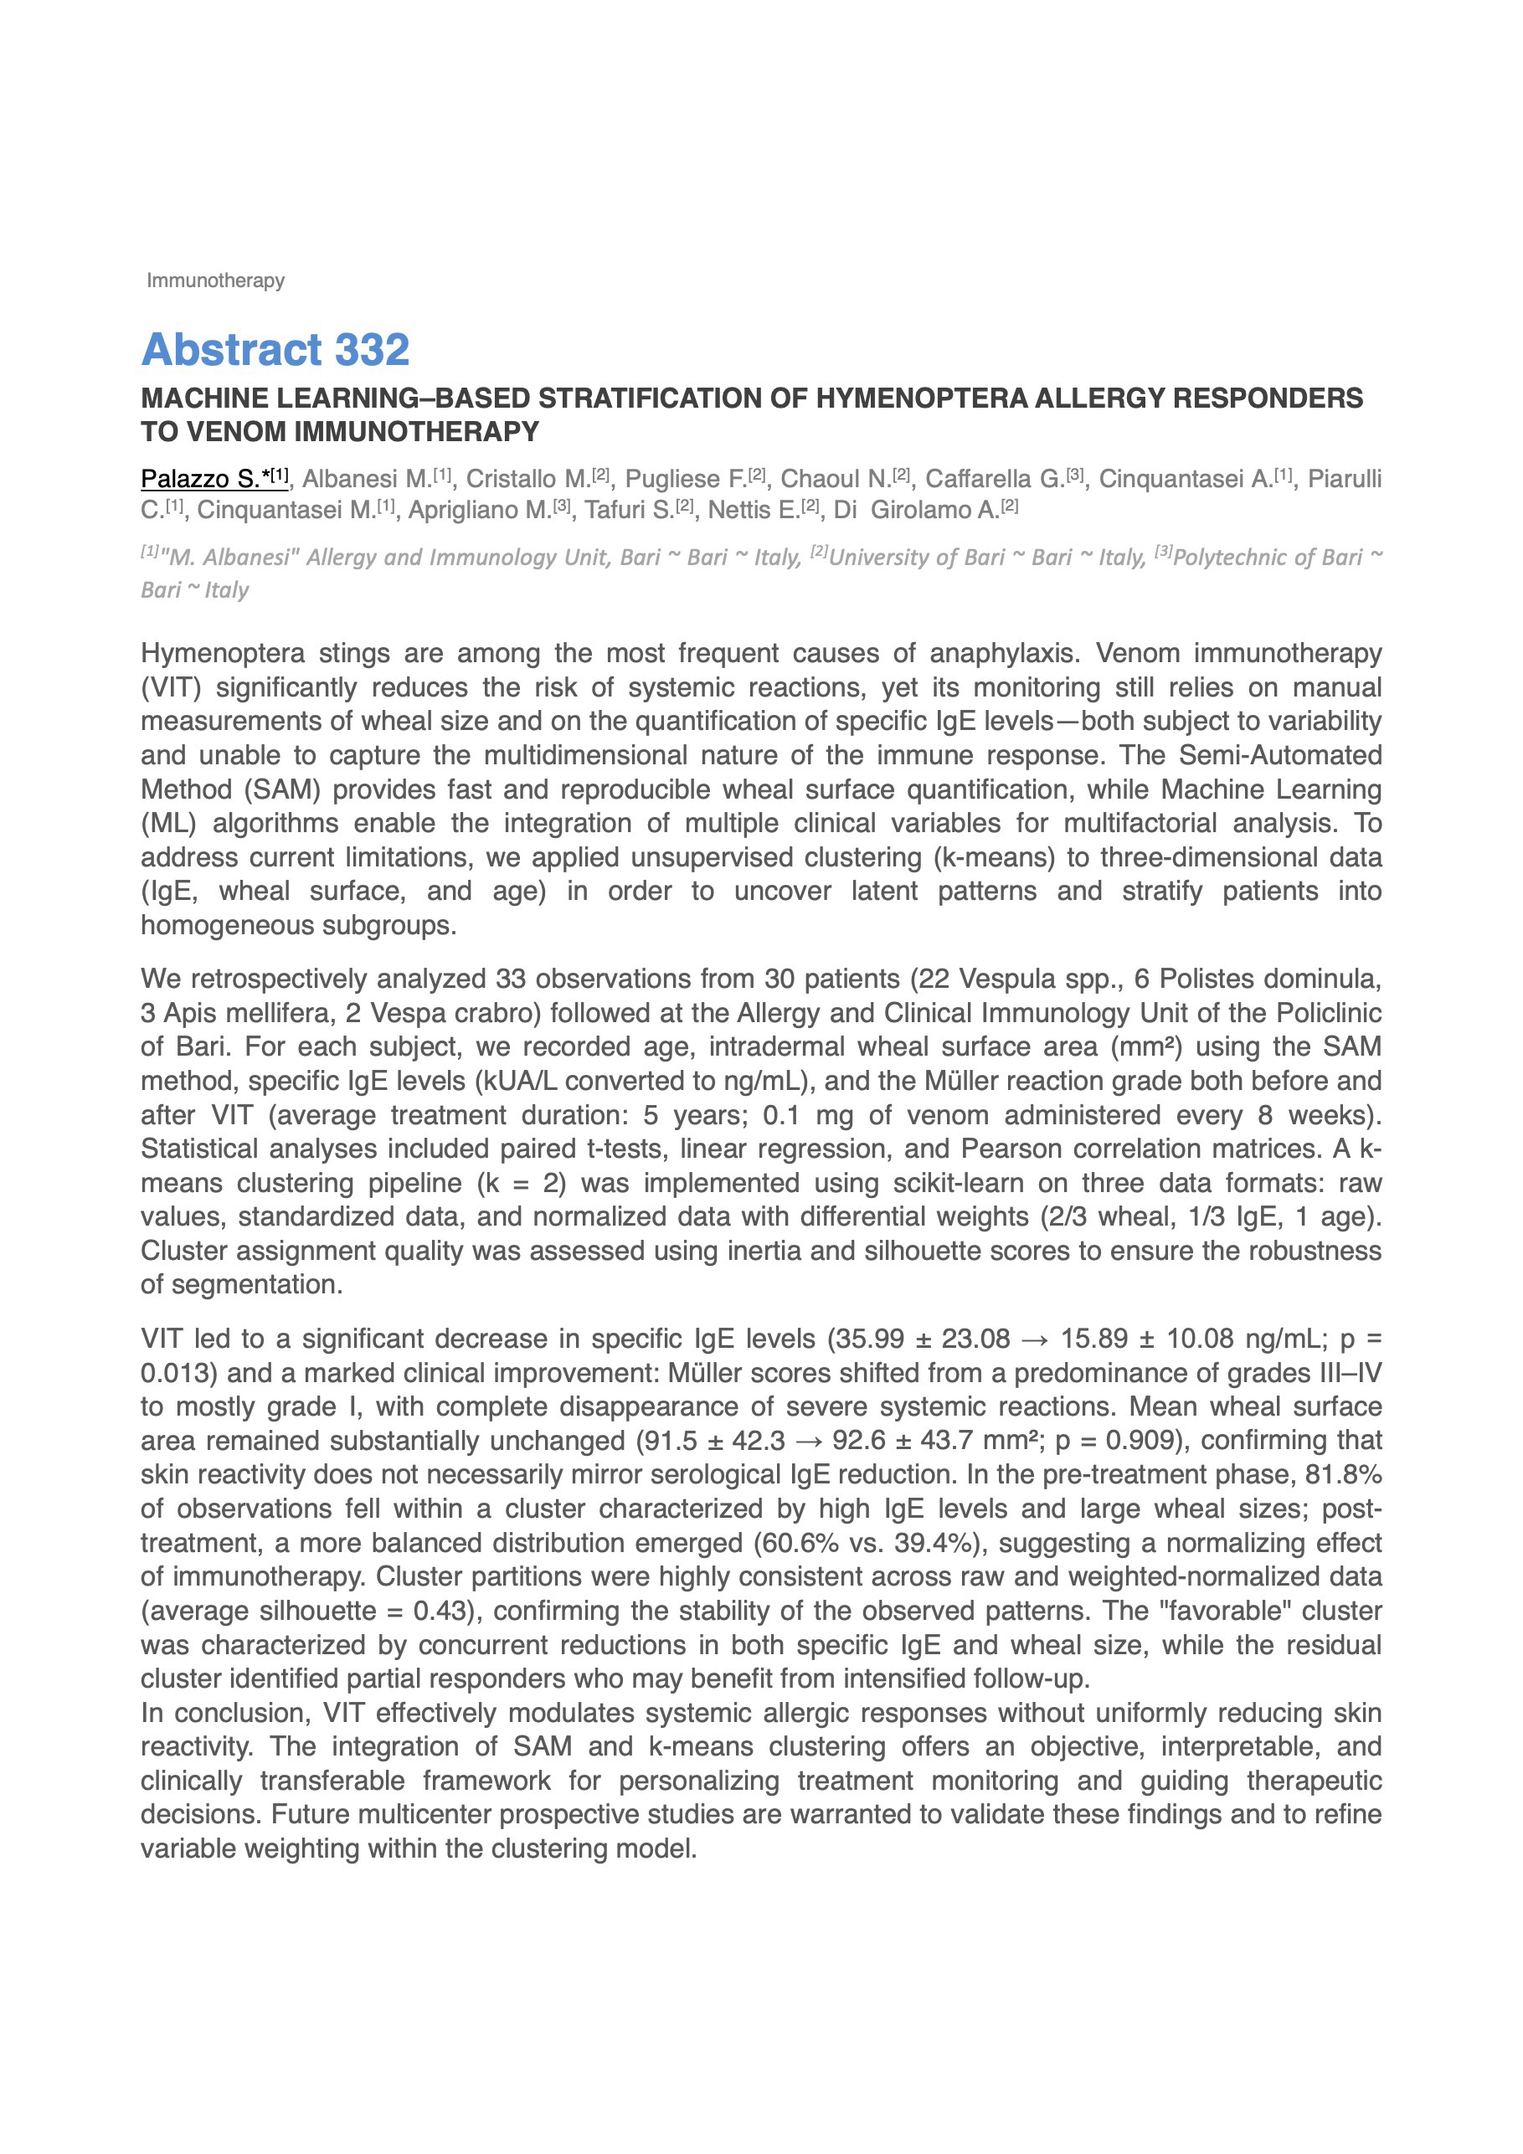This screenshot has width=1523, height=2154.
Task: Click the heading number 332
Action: point(372,350)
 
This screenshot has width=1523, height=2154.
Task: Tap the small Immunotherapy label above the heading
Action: point(216,280)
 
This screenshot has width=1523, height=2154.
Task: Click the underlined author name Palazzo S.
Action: point(200,480)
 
